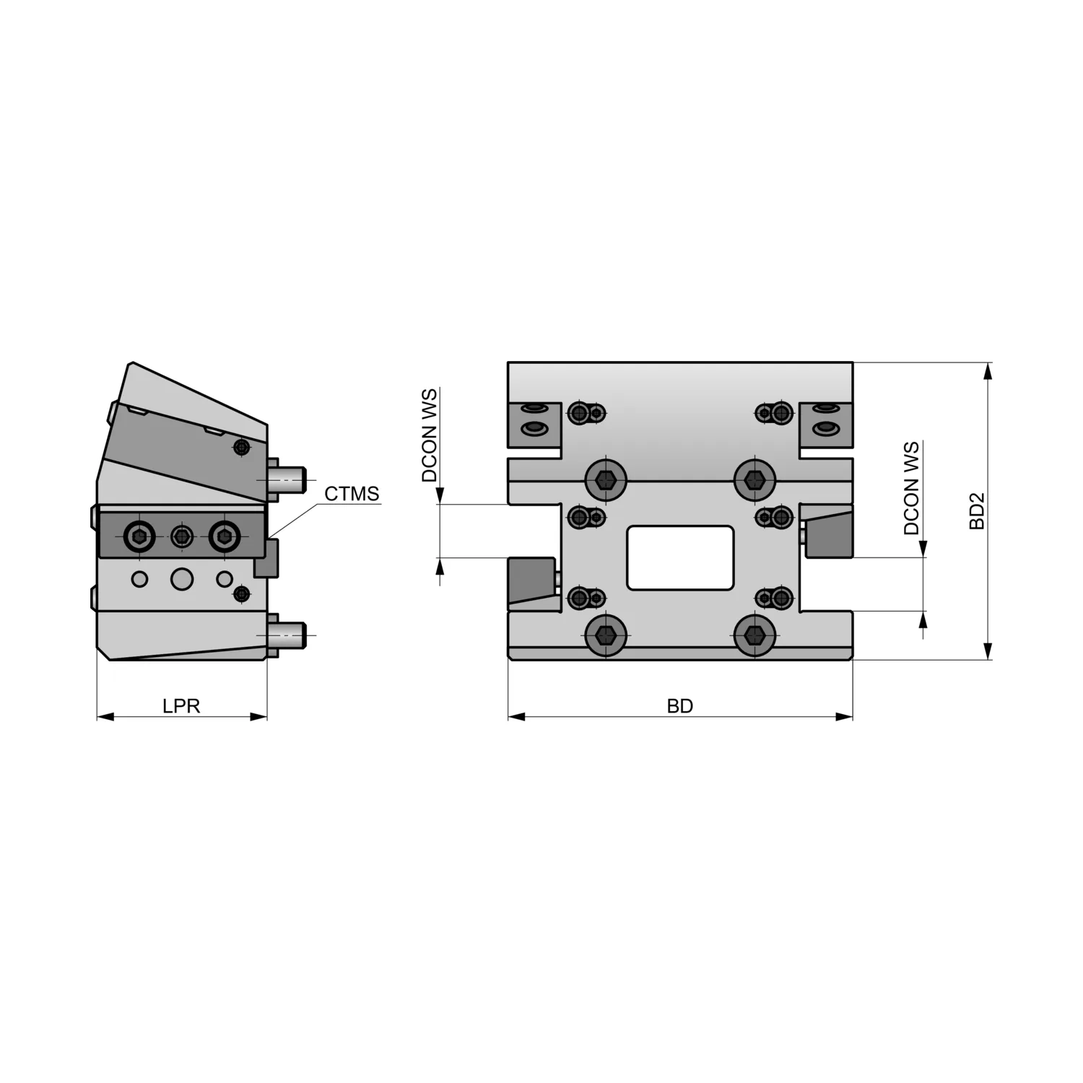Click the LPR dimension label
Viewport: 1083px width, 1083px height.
[x=181, y=705]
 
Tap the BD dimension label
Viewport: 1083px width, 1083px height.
[x=680, y=705]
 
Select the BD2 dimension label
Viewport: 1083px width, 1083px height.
[x=977, y=511]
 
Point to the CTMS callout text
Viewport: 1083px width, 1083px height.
[x=352, y=494]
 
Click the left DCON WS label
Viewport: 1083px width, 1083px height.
[x=430, y=435]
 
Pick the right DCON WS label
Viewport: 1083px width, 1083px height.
[x=912, y=488]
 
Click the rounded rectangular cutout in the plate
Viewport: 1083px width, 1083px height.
[x=680, y=557]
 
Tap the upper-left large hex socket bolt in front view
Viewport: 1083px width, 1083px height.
[x=605, y=479]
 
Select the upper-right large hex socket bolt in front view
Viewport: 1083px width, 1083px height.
[x=755, y=479]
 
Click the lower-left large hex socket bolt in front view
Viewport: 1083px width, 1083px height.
[x=605, y=635]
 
